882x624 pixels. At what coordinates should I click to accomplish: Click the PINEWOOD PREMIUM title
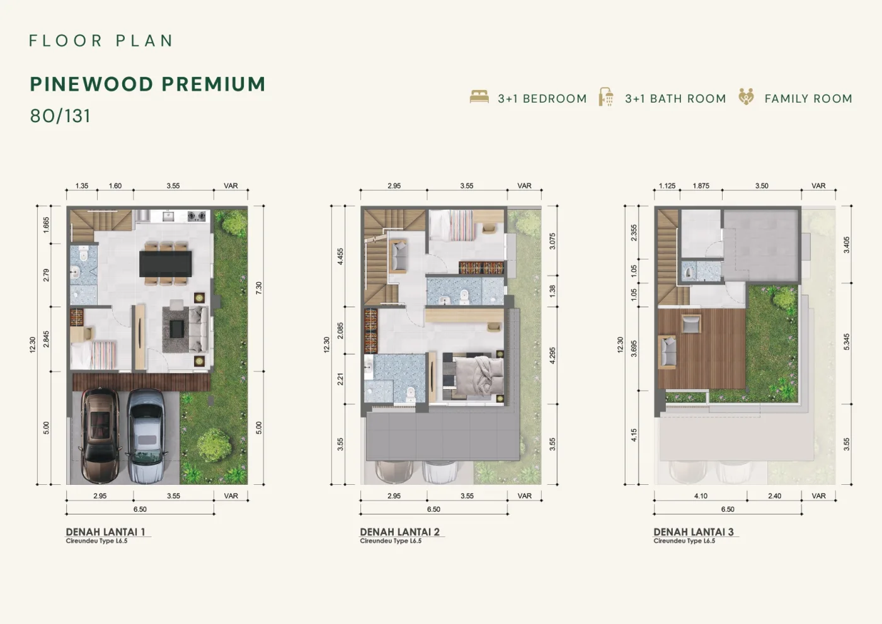[x=147, y=84]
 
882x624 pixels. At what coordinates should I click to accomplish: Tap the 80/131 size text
[x=60, y=116]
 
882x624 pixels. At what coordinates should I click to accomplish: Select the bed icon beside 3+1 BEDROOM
[x=479, y=97]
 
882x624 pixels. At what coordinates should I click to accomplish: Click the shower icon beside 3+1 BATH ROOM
[x=606, y=97]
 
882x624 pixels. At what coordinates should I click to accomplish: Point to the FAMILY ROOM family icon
[x=746, y=97]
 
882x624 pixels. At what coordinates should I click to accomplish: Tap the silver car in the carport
[x=146, y=436]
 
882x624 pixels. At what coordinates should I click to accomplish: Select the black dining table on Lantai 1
[x=165, y=264]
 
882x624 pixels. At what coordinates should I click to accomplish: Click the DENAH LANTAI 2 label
[x=399, y=532]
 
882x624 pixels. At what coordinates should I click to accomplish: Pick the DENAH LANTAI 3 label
[x=694, y=532]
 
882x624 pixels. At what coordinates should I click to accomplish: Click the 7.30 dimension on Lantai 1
[x=259, y=288]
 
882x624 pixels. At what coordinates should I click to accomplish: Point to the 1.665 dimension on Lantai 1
[x=46, y=225]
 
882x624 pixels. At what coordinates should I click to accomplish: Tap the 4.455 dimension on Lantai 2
[x=340, y=256]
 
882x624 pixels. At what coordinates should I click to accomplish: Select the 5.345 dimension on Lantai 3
[x=847, y=342]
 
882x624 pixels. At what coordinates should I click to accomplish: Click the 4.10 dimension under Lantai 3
[x=701, y=496]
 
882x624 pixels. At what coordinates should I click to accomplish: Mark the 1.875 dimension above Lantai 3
[x=701, y=186]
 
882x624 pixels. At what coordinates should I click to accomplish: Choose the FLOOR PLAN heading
[x=101, y=41]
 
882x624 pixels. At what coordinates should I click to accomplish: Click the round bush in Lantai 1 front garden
[x=214, y=445]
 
